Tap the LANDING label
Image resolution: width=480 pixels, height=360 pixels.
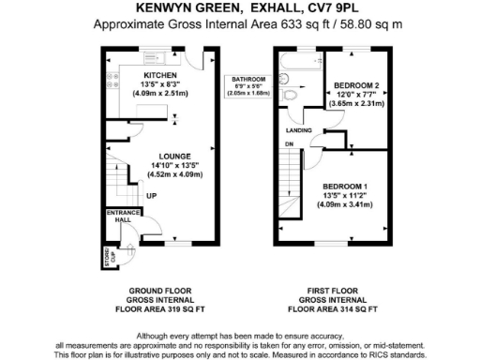point(299,130)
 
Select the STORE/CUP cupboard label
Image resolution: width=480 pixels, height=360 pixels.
point(105,256)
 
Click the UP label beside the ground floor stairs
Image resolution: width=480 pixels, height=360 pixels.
point(151,196)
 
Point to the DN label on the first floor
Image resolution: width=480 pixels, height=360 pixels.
point(289,144)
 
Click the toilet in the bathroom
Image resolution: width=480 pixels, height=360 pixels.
point(292,96)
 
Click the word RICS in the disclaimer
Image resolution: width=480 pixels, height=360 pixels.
point(378,354)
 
